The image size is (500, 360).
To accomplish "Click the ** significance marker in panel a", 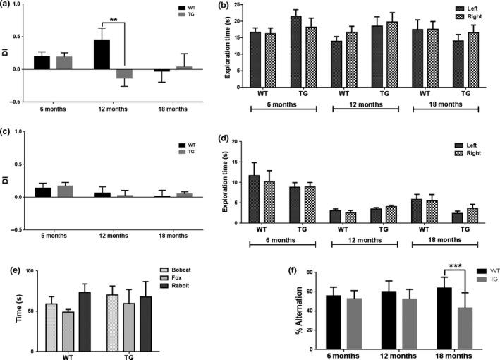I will pos(114,21).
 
